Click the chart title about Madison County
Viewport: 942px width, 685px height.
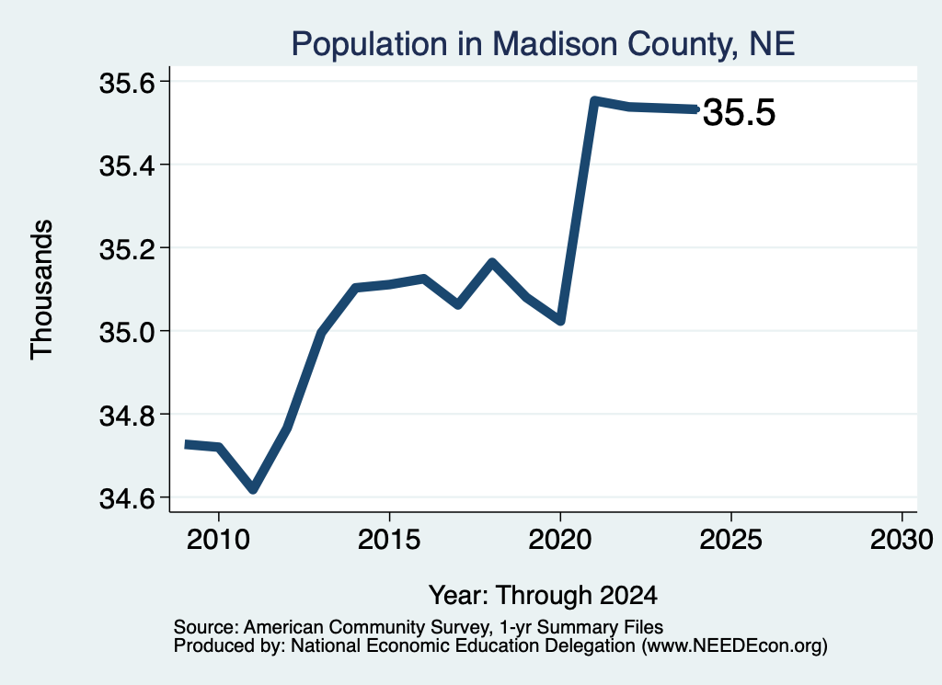(x=543, y=44)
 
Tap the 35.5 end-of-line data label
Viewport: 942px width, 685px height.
(x=739, y=112)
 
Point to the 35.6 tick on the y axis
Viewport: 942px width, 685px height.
(x=127, y=83)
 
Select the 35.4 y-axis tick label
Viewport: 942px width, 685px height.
(x=127, y=166)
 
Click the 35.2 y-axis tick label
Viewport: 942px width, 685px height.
(x=127, y=249)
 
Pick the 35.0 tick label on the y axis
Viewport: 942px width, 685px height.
(x=127, y=333)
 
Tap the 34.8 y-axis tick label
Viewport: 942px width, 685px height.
(x=127, y=416)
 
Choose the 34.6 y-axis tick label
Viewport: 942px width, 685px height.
(x=127, y=499)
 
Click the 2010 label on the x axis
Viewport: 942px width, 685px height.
(x=218, y=539)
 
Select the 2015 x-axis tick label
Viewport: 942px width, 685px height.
(x=389, y=539)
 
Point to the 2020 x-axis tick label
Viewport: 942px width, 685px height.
(x=560, y=539)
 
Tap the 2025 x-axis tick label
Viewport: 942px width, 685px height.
(x=731, y=539)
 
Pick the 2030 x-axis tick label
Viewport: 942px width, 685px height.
(x=902, y=539)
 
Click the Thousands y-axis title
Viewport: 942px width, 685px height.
(x=42, y=290)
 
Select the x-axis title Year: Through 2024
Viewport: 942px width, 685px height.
(x=543, y=596)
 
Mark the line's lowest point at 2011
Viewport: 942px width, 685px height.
(x=253, y=488)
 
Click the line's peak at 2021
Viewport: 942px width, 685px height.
(x=594, y=101)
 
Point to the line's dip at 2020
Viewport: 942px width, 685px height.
(x=560, y=321)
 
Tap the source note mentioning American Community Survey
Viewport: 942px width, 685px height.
(x=419, y=627)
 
